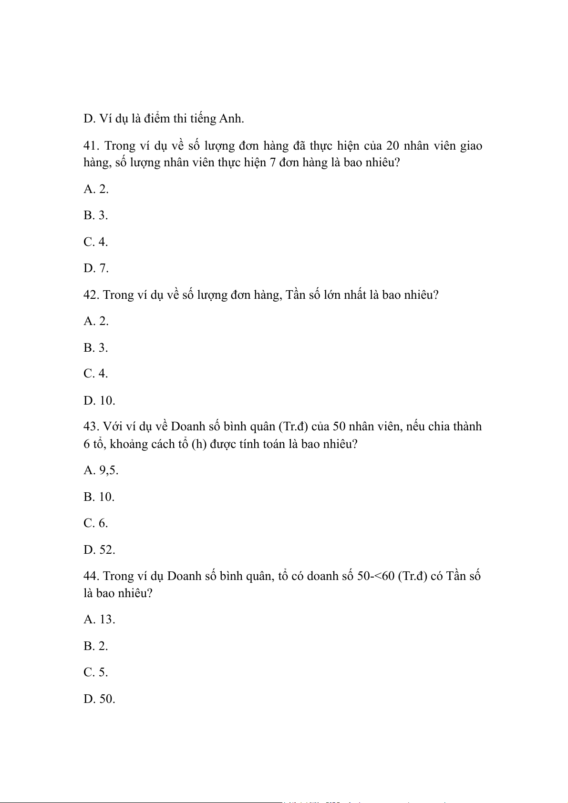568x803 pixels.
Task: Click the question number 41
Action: (x=91, y=146)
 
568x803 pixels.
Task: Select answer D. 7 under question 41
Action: (x=96, y=268)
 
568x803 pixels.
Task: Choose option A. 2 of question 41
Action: (x=96, y=189)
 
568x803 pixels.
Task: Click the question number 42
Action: (x=91, y=295)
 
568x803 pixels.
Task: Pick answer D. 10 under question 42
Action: (x=99, y=401)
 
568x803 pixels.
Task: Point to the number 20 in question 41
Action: (x=392, y=146)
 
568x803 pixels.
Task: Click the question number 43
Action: (x=91, y=427)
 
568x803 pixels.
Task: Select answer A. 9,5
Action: (x=101, y=470)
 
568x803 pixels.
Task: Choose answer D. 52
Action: (x=99, y=550)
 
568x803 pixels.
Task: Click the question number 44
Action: (x=91, y=576)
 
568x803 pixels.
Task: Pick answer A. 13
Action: (x=99, y=620)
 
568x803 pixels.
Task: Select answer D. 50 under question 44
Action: (x=99, y=699)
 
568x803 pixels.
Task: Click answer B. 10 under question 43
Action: (x=99, y=497)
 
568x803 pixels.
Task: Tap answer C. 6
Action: (x=96, y=523)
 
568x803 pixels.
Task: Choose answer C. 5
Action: (x=96, y=672)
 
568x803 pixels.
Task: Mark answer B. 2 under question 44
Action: (x=96, y=646)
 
